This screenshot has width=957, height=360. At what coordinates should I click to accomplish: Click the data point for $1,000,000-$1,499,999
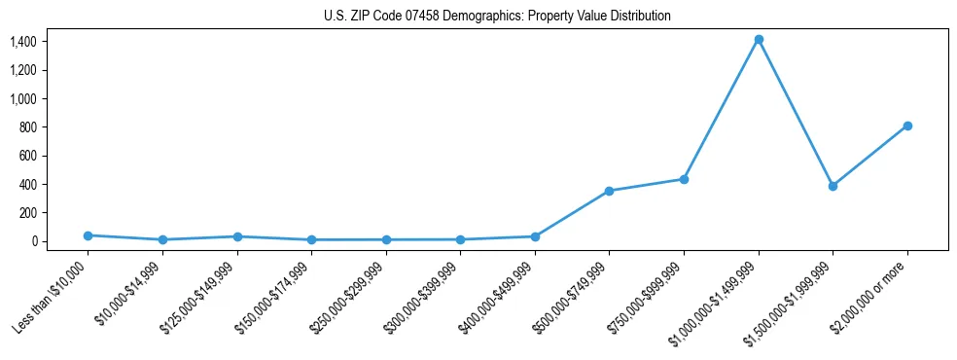(x=759, y=40)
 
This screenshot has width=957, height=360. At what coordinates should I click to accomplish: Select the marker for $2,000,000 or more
(x=907, y=126)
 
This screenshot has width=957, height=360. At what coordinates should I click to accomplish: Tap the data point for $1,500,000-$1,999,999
(x=833, y=186)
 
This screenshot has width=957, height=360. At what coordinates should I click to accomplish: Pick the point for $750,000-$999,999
(x=684, y=179)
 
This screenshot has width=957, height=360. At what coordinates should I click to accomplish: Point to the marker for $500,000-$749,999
(x=609, y=191)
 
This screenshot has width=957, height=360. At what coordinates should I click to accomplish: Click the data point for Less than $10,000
(x=88, y=235)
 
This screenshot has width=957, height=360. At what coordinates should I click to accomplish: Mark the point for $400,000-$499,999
(x=535, y=236)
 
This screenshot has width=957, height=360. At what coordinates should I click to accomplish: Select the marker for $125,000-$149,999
(x=237, y=236)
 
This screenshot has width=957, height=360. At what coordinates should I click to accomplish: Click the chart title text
(x=497, y=17)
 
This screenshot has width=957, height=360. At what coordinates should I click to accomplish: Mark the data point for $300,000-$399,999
(x=460, y=239)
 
